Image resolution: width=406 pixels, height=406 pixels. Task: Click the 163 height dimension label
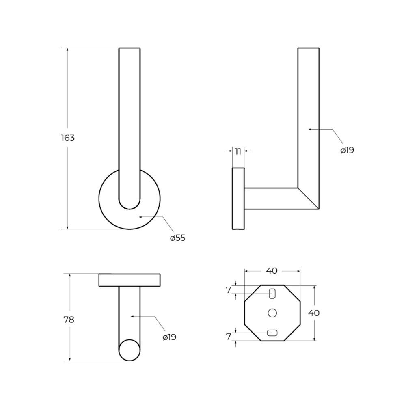pos(68,138)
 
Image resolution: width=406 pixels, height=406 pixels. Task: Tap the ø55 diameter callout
pos(178,238)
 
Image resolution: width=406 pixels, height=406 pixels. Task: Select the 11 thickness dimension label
pos(238,151)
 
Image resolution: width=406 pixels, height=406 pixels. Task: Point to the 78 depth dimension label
pos(69,320)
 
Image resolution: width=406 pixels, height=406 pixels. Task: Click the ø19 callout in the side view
pos(347,150)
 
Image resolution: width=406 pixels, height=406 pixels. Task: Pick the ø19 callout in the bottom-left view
pos(169,337)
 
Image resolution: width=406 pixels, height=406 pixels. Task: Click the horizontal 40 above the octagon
pos(272,270)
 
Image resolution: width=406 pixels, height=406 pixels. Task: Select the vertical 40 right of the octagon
pos(314,313)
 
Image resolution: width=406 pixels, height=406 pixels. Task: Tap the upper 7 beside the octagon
pos(228,290)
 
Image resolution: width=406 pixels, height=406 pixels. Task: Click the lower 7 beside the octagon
pos(228,337)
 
